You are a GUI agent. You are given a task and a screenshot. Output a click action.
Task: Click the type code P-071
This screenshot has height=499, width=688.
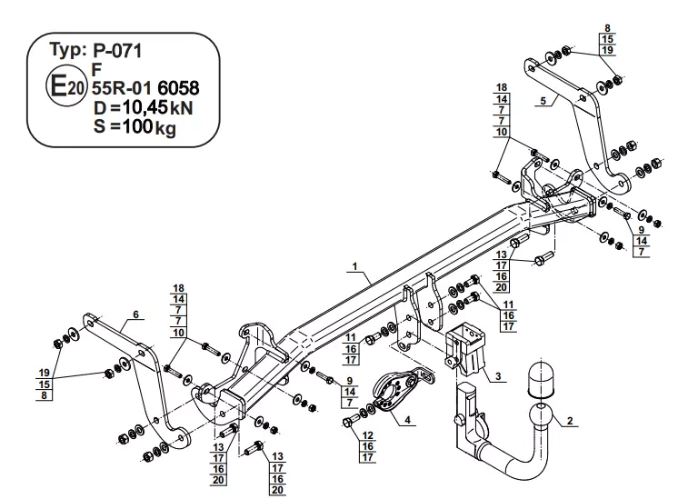tap(117, 51)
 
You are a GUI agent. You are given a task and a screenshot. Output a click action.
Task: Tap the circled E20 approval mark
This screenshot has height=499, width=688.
tap(65, 85)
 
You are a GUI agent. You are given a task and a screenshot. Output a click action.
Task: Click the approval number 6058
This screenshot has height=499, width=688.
tap(178, 88)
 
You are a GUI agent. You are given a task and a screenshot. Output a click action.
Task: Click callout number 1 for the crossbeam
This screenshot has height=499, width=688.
tap(354, 266)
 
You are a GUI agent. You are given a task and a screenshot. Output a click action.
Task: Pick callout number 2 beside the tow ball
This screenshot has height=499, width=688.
tap(570, 421)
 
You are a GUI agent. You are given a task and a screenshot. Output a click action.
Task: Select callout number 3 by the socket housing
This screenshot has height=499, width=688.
tap(498, 376)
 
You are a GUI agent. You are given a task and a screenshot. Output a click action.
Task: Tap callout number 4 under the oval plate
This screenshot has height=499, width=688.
tap(408, 420)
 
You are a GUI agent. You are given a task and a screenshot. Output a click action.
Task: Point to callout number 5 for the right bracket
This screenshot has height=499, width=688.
tap(543, 101)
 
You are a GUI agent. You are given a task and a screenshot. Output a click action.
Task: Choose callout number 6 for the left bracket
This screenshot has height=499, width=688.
tap(136, 314)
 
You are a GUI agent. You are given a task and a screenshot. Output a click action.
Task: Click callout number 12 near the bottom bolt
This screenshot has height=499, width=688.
tap(368, 435)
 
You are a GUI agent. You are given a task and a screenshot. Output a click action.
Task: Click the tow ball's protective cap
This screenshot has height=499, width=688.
tap(541, 378)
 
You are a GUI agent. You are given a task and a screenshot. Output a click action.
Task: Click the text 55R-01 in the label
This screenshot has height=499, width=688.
tap(122, 88)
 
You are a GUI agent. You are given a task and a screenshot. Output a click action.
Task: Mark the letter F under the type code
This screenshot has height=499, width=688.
tap(97, 69)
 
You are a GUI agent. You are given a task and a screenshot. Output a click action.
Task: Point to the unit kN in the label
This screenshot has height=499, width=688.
tap(181, 108)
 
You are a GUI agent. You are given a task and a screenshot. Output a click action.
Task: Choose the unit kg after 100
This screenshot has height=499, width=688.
tap(165, 128)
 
